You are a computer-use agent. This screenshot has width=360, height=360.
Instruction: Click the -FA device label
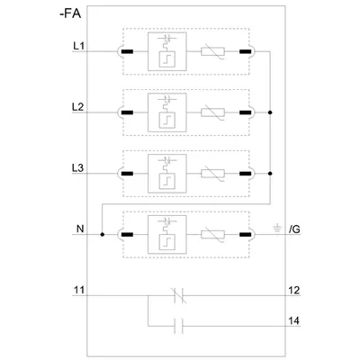(x=70, y=13)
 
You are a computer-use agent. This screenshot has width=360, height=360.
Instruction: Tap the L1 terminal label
(x=78, y=46)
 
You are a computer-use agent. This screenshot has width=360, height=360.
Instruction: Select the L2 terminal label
(x=78, y=107)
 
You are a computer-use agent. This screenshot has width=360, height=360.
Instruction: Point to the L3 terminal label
(x=78, y=168)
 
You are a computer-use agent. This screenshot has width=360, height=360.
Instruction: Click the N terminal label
(x=80, y=229)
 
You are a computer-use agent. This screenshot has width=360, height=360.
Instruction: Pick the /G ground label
(x=294, y=229)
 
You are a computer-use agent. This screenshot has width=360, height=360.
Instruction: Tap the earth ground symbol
(x=277, y=228)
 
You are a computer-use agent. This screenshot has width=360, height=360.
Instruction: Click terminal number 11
(x=79, y=290)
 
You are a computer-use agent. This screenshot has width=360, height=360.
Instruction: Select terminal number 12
(x=293, y=290)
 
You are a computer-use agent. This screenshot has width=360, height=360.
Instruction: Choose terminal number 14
(x=293, y=320)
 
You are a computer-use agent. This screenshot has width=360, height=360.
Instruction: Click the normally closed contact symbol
(x=179, y=295)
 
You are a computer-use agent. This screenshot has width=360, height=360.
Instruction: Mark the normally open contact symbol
(x=179, y=326)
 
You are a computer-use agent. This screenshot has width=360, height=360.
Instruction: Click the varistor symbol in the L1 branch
(x=212, y=51)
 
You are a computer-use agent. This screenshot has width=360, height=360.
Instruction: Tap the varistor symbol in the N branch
(x=212, y=234)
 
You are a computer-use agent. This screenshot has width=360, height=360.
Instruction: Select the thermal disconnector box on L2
(x=167, y=112)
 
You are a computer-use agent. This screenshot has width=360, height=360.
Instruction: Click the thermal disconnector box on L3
(x=167, y=174)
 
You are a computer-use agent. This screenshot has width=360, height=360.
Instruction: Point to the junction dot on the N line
(x=103, y=234)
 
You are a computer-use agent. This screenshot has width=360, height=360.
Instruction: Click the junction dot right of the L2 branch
(x=270, y=112)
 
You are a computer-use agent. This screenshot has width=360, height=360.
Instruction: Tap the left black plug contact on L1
(x=127, y=51)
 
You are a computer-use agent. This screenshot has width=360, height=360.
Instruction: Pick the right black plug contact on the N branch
(x=246, y=234)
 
